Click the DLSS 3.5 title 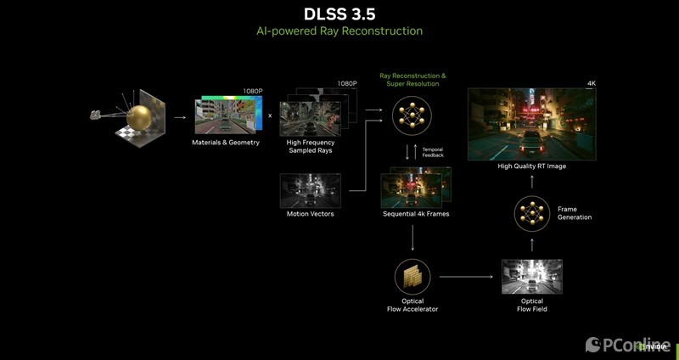[339, 14]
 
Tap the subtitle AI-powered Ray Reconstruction [339, 31]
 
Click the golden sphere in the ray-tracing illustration [139, 117]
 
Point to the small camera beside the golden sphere [95, 115]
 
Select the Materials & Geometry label [226, 143]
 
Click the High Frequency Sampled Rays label [311, 146]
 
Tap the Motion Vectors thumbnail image [310, 191]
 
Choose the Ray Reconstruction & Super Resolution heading [412, 80]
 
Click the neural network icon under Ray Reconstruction [412, 115]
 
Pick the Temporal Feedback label [433, 152]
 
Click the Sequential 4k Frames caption [416, 214]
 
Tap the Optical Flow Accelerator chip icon [412, 277]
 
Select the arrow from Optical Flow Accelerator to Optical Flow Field [466, 277]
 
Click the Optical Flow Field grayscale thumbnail [532, 277]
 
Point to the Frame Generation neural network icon [532, 214]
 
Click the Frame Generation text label [575, 213]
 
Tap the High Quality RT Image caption [532, 166]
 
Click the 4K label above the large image [592, 83]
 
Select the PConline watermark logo [628, 345]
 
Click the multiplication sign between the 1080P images [270, 115]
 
